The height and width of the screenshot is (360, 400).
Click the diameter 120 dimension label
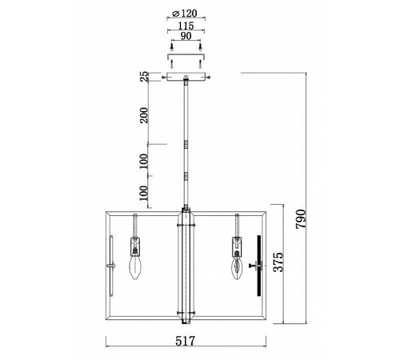click(185, 13)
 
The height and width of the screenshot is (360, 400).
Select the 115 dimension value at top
click(186, 26)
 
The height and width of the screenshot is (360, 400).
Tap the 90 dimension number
click(186, 36)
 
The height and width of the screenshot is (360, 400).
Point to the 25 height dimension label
click(144, 76)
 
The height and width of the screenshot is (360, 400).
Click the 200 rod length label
click(144, 115)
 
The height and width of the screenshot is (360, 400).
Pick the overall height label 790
click(301, 219)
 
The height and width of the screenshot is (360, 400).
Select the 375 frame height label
click(278, 262)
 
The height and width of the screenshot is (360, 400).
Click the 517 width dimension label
click(186, 341)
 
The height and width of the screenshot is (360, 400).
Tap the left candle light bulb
click(135, 267)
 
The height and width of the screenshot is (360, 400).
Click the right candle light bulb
click(237, 268)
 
